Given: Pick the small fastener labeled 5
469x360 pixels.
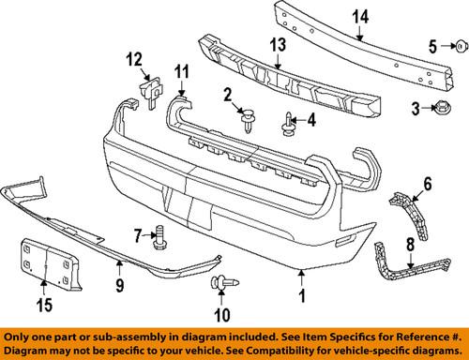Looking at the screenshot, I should point(461,46).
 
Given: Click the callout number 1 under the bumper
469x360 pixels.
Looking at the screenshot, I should point(302,300).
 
